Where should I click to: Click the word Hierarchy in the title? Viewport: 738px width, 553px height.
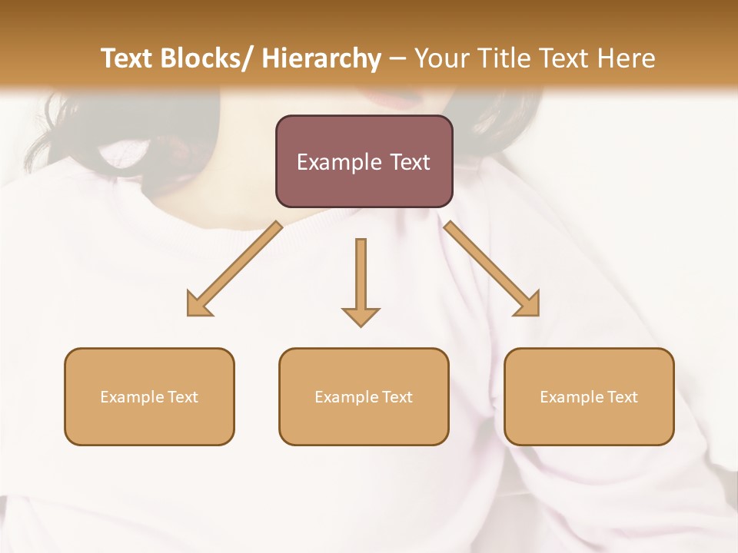click(x=321, y=58)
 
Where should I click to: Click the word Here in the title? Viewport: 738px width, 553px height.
click(x=627, y=58)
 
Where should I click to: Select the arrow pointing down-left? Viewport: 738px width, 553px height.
click(x=234, y=269)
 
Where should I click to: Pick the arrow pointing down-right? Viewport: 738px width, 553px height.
click(x=491, y=269)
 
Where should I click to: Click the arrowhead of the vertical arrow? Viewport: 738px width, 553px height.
click(x=361, y=315)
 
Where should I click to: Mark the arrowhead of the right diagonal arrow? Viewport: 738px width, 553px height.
click(x=528, y=305)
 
